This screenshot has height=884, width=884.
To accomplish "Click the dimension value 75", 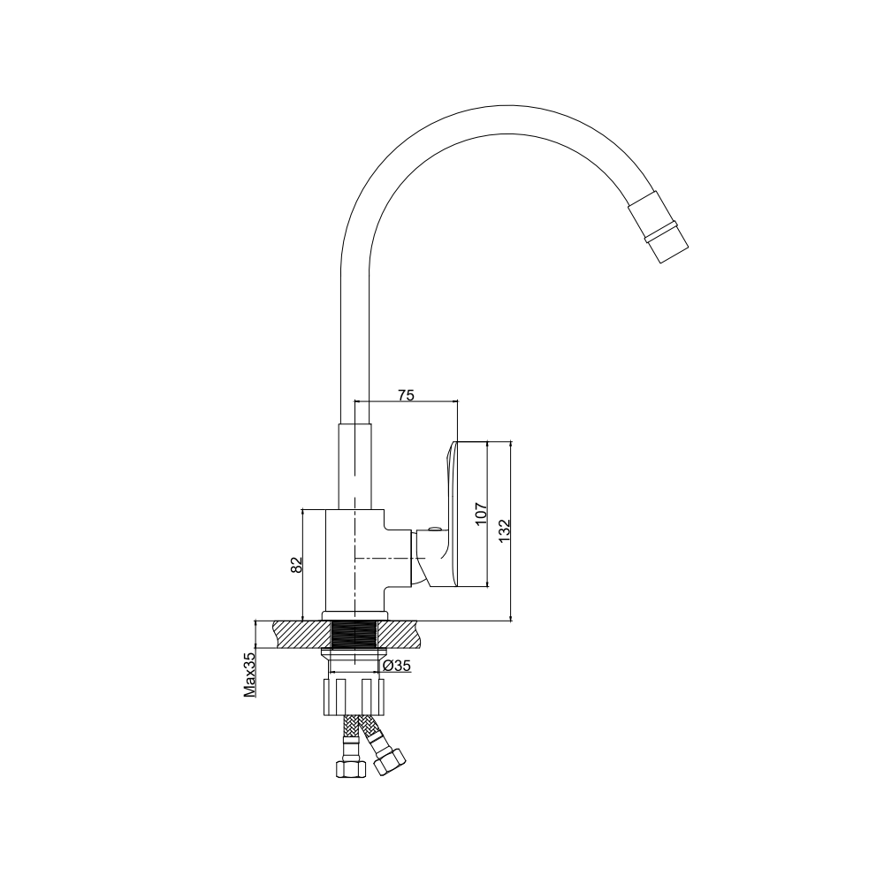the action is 406,395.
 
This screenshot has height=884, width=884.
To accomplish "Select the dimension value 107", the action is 480,514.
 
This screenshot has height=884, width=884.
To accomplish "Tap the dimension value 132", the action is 505,530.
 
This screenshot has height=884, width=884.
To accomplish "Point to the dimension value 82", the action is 296,565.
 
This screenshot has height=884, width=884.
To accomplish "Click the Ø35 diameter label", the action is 396,666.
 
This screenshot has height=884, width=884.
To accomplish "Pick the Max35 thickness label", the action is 250,673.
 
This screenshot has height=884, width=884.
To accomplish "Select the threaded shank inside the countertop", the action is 354,634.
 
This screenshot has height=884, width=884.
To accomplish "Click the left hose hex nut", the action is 350,768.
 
